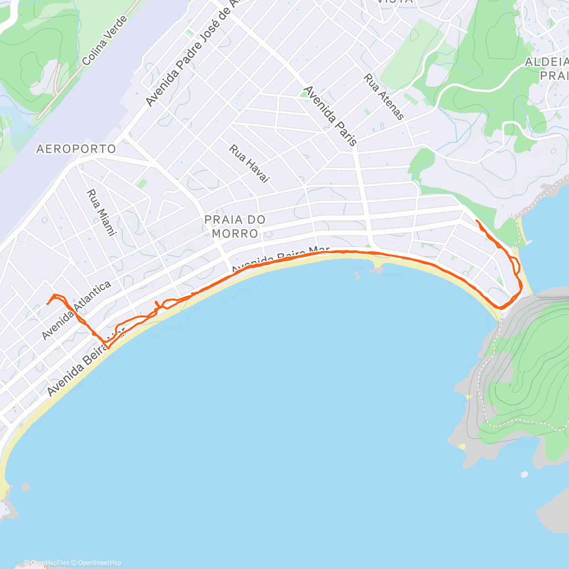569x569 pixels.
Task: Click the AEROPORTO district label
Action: (x=76, y=149)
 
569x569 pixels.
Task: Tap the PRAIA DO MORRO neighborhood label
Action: (x=235, y=226)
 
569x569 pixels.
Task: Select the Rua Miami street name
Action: (x=101, y=212)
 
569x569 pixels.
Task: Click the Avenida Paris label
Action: (x=330, y=115)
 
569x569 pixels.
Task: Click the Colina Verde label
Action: (x=105, y=41)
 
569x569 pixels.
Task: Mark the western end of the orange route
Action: (x=47, y=303)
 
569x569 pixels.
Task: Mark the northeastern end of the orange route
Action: (x=476, y=221)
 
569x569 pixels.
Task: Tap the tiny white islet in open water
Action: (x=524, y=474)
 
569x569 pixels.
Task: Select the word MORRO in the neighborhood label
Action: (x=235, y=233)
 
